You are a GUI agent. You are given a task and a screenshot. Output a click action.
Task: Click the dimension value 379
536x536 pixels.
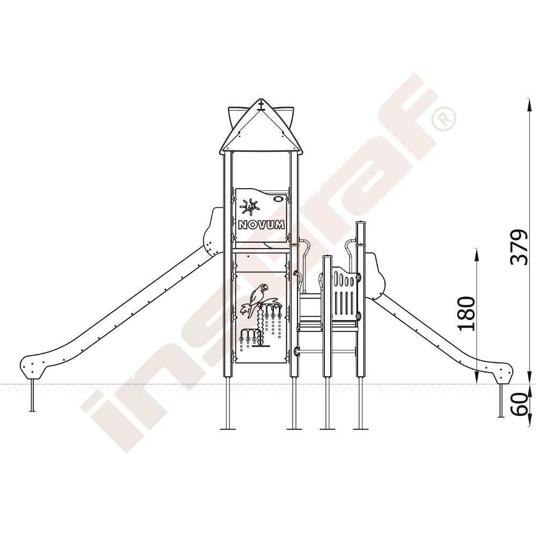tap(518, 247)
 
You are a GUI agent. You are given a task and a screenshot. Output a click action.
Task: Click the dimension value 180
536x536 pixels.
tap(466, 313)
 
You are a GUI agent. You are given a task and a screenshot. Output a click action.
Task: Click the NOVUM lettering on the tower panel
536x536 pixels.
tap(261, 225)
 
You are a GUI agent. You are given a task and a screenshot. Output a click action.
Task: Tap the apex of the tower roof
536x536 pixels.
tap(261, 100)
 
